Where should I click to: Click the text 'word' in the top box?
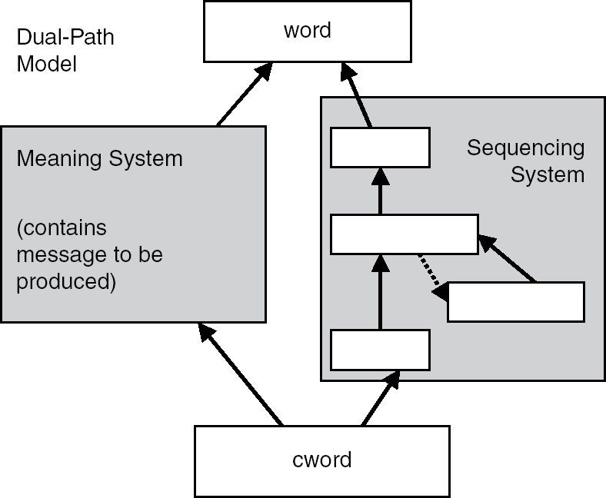307,30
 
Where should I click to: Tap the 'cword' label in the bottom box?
322,460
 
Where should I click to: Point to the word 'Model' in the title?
46,63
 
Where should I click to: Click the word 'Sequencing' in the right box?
525,148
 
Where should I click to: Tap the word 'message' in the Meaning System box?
52,254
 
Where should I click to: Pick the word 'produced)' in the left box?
66,281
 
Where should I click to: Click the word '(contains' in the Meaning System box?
62,228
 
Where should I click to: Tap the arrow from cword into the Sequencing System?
381,398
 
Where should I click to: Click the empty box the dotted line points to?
515,302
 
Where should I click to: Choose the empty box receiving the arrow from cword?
380,350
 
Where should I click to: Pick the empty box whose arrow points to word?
380,148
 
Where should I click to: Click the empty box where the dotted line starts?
404,234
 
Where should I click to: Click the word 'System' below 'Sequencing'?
548,174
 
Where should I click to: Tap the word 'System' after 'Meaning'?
147,159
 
